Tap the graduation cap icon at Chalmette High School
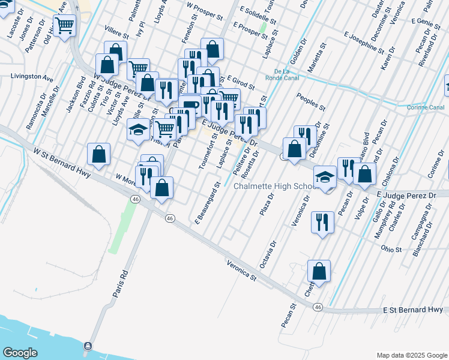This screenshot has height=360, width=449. (325, 176)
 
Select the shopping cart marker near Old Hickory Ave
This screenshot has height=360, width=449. (64, 26)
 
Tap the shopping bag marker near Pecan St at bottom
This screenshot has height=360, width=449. (319, 271)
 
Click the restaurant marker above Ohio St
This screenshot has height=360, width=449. (322, 222)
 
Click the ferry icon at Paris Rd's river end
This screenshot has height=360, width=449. (88, 346)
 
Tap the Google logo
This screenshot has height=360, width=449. (20, 353)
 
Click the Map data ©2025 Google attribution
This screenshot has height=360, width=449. (411, 355)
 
